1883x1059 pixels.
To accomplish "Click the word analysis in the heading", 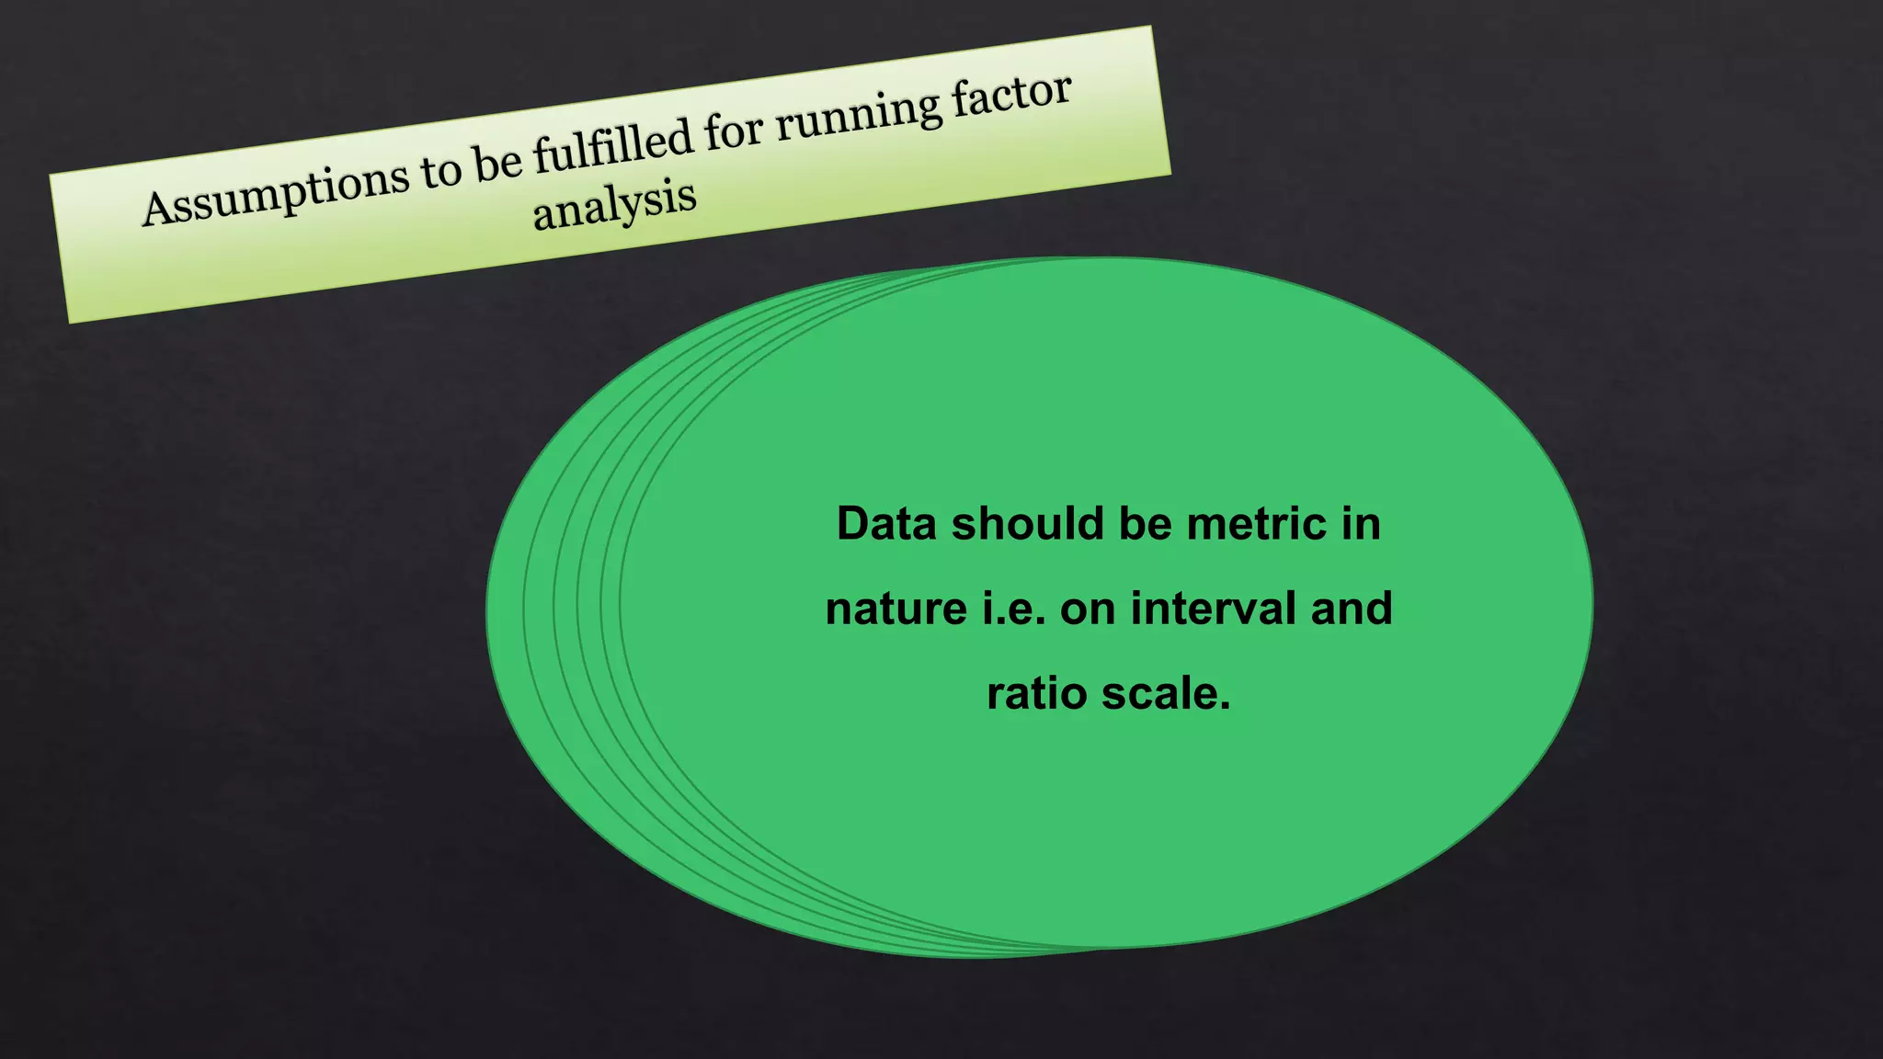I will [614, 204].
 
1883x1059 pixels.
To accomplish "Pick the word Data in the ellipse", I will [886, 524].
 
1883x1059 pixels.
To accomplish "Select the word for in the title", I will [735, 132].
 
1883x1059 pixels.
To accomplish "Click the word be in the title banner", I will [496, 163].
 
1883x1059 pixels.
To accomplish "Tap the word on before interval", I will [1088, 609].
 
